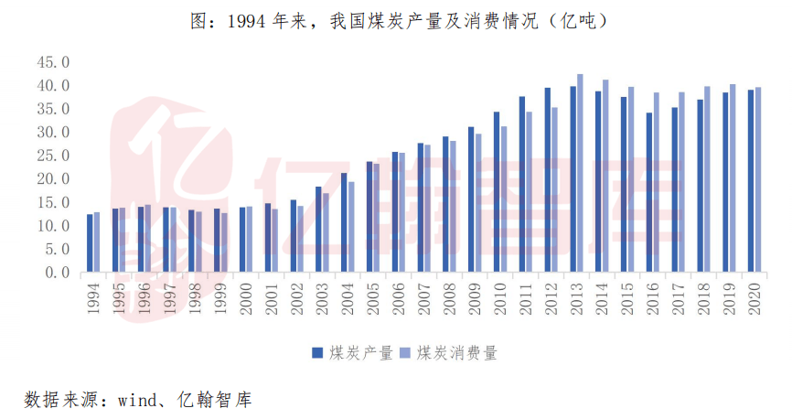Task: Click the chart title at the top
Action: pos(397,18)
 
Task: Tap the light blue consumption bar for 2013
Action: pos(580,173)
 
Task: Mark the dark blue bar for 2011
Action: pos(522,184)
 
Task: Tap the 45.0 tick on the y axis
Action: pos(52,62)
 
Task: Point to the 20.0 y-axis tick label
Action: pos(52,178)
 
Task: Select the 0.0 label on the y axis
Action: pos(56,272)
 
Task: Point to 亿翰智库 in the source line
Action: pos(214,400)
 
